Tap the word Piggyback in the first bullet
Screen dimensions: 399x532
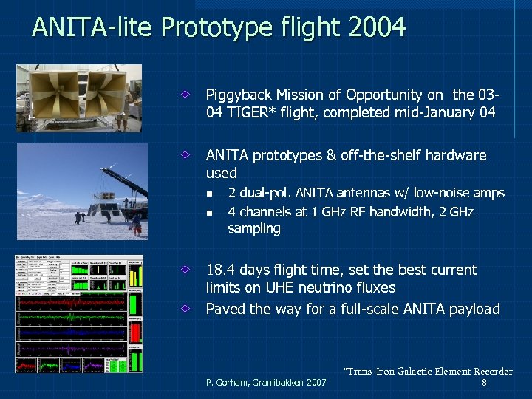pos(239,95)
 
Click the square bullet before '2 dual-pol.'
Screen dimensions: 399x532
pos(209,194)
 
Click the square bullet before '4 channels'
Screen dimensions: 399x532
pos(209,213)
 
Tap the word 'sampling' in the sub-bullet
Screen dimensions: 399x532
pos(254,229)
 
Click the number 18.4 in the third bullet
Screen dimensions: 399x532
pos(221,270)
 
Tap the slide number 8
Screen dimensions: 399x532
pos(484,383)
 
